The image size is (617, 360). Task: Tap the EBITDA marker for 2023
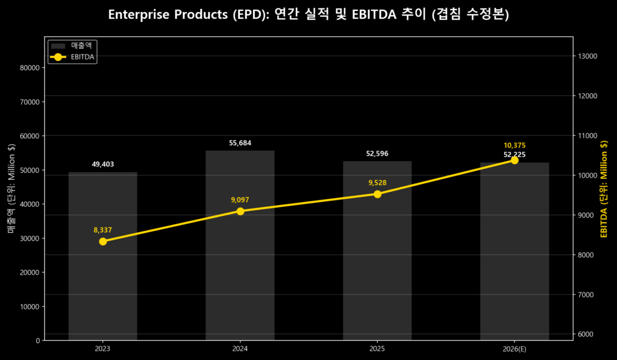[103, 242]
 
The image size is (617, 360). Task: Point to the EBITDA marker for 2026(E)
[515, 160]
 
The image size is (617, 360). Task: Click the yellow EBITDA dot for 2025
[377, 194]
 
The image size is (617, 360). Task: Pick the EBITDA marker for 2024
[240, 211]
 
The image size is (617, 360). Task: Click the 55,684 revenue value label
[240, 143]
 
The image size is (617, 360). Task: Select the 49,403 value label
[103, 164]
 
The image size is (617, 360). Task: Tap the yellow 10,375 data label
[515, 145]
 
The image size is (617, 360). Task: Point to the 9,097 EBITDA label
[240, 200]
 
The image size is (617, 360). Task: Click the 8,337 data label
[103, 230]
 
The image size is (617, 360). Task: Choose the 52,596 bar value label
[377, 154]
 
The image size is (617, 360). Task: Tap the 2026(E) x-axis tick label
[515, 349]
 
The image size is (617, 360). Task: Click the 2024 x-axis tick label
[240, 349]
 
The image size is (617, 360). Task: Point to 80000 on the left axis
[30, 68]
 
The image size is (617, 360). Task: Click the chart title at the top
[308, 15]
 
